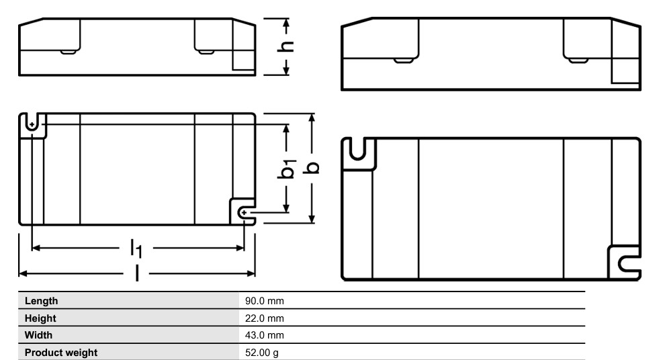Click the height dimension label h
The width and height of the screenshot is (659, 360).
pos(287,46)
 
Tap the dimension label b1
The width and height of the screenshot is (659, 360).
pos(287,170)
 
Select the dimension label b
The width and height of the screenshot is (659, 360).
pos(312,167)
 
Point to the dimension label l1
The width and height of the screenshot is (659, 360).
pos(136,249)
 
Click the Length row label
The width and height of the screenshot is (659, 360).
pos(42,300)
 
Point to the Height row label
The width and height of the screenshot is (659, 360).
pos(40,318)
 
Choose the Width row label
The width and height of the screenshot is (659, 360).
pos(39,334)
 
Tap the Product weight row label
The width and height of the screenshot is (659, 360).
pos(60,352)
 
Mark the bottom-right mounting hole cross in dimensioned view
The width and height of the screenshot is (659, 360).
pos(245,212)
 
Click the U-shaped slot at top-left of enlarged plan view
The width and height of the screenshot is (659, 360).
pos(359,152)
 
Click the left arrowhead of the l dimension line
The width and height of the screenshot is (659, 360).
pos(21,273)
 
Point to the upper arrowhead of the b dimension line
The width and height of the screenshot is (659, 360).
pos(312,118)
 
